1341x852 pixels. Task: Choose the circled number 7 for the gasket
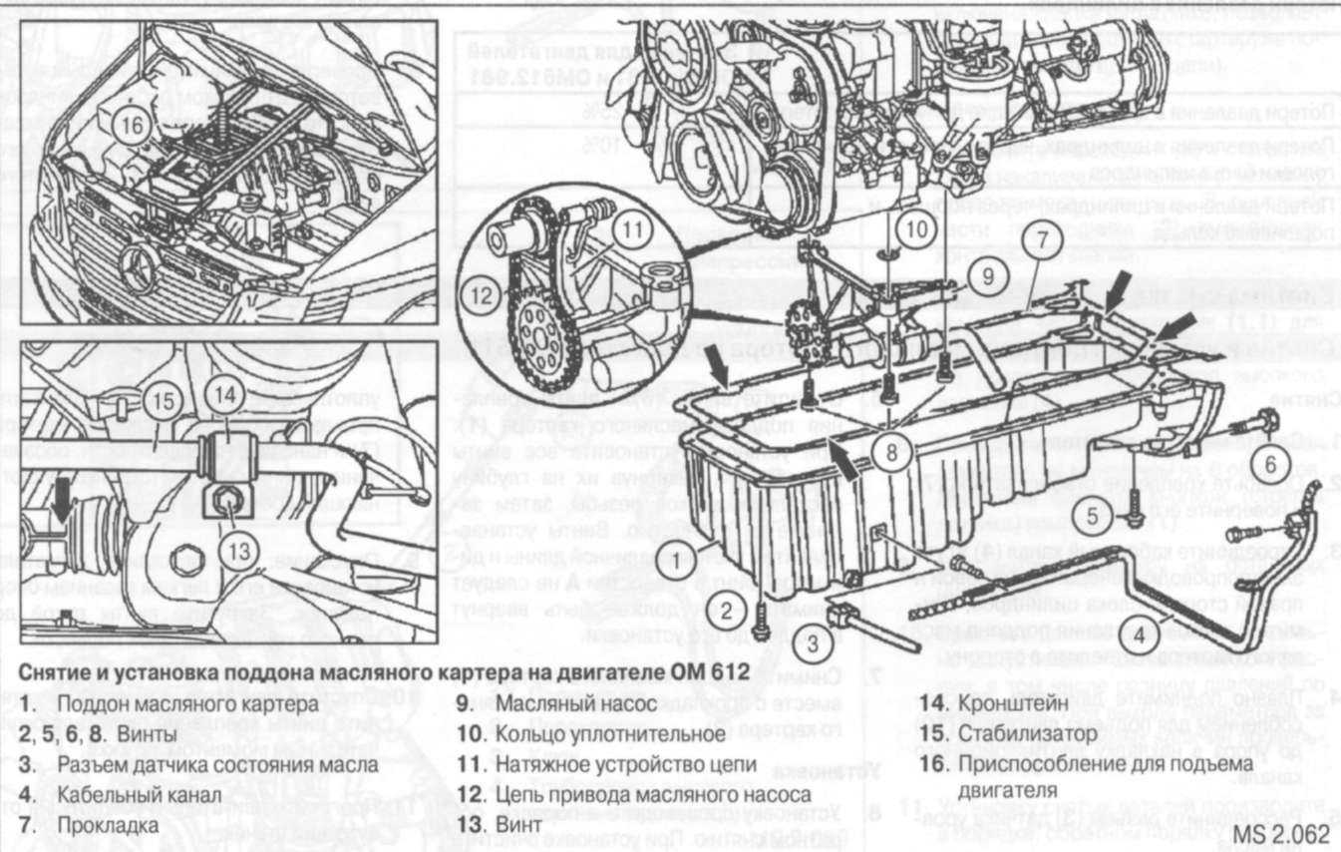coord(1040,240)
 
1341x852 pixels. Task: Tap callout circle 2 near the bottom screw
coord(728,610)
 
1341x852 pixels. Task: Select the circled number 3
coord(814,642)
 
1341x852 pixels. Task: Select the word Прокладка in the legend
coord(108,826)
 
